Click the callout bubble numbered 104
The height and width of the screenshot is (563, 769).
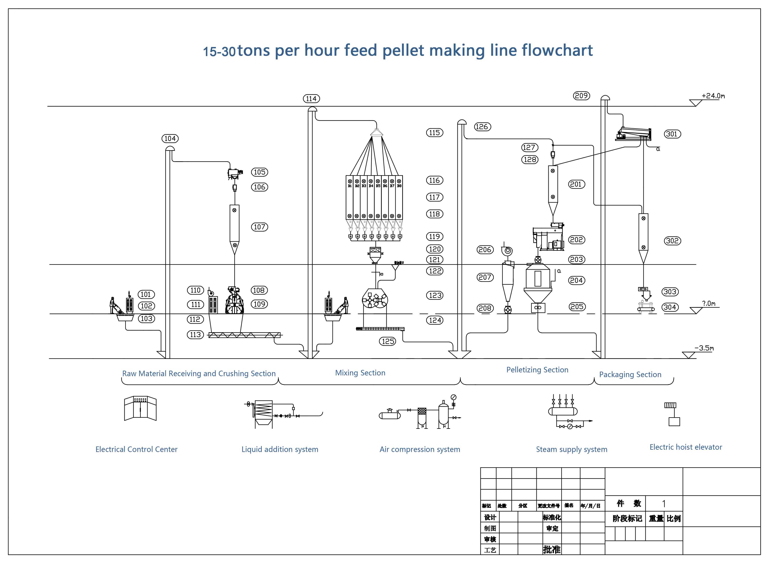pos(170,138)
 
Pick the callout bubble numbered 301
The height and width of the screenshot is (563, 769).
pos(672,134)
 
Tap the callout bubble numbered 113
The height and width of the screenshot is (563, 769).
pos(195,335)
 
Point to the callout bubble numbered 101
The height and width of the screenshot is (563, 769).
pos(146,294)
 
